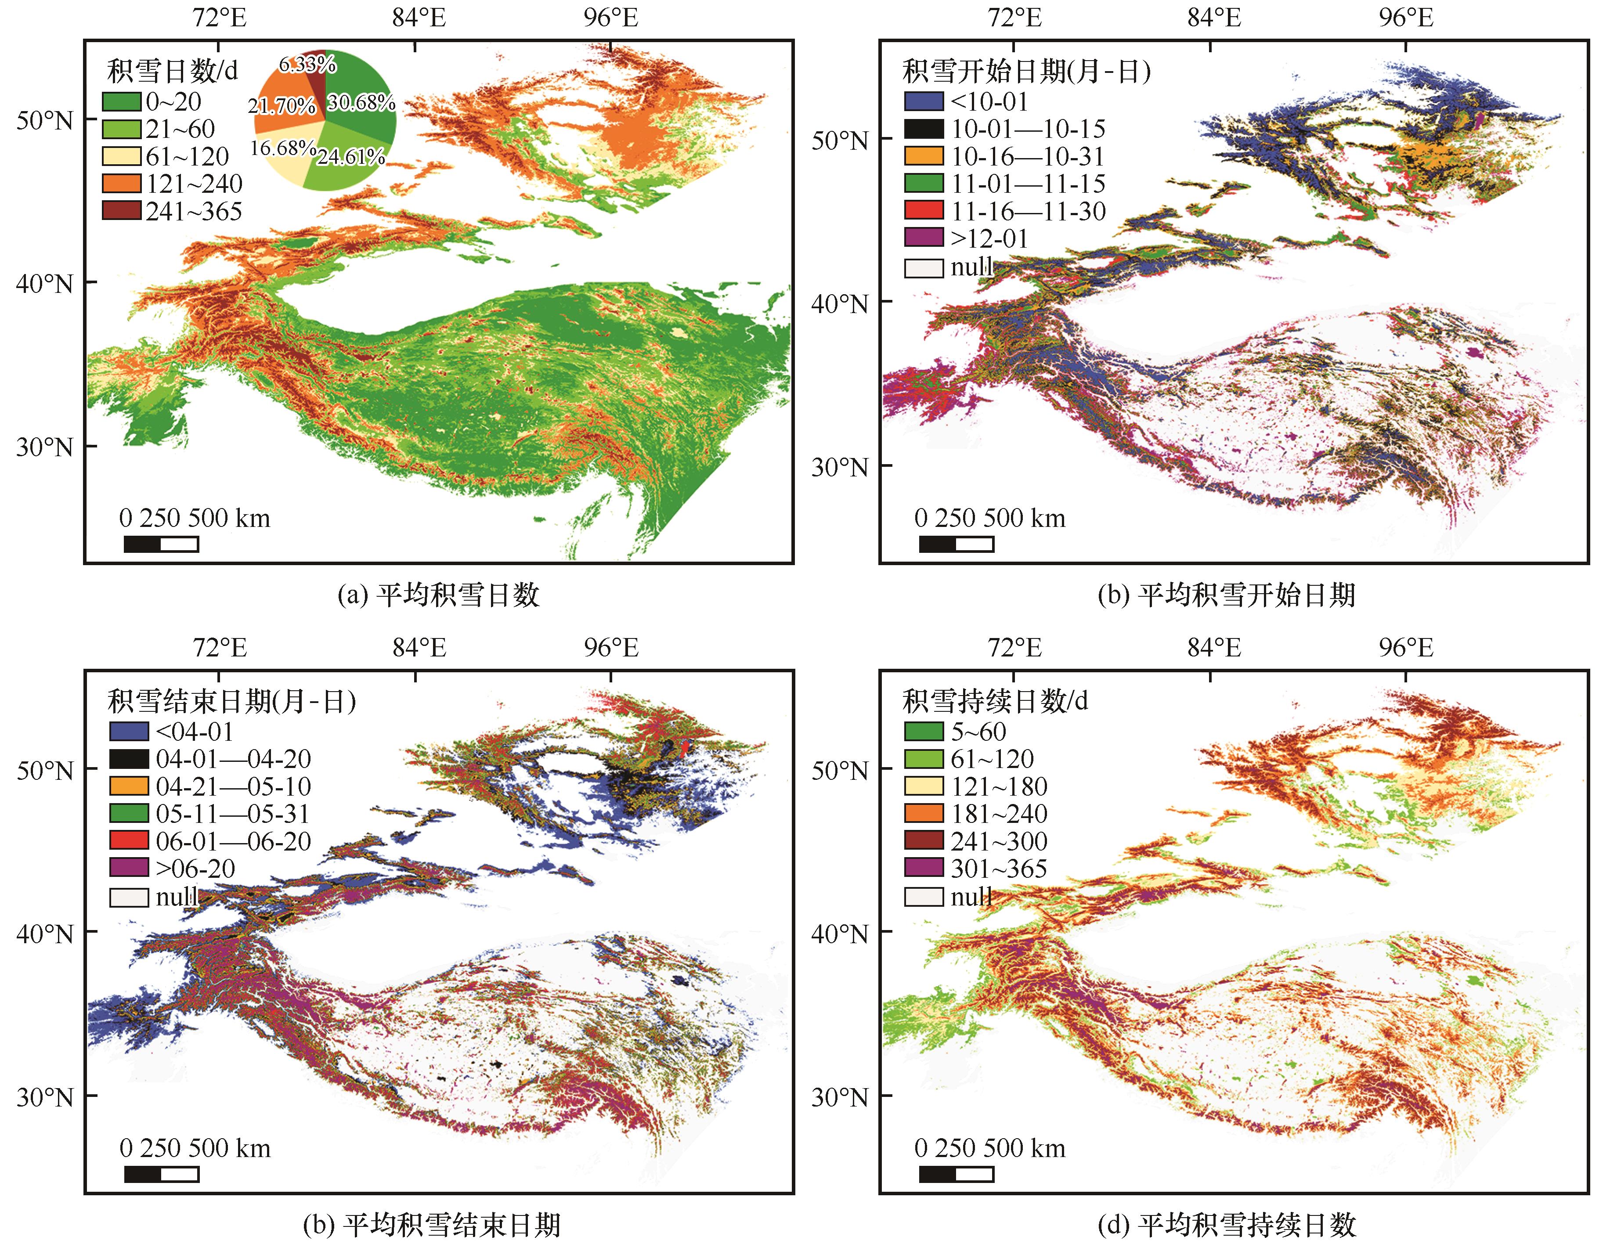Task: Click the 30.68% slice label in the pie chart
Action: point(361,102)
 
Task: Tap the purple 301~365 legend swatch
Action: point(923,868)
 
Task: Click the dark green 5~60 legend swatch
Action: point(923,731)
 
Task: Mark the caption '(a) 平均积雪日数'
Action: point(439,595)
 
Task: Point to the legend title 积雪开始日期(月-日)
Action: point(1026,72)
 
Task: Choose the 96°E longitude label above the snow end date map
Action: point(611,648)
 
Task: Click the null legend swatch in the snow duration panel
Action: point(923,896)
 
